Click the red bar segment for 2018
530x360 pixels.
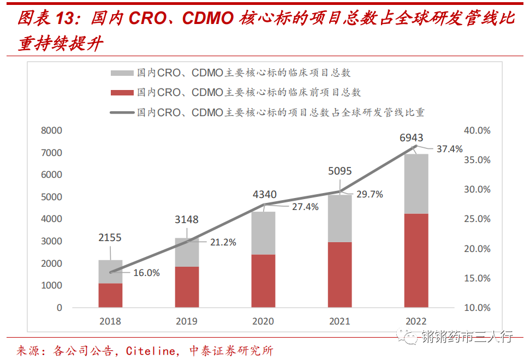pyautogui.click(x=110, y=295)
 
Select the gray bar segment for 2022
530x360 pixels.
pyautogui.click(x=416, y=184)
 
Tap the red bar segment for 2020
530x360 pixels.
pyautogui.click(x=264, y=280)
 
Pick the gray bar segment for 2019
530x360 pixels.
pyautogui.click(x=187, y=252)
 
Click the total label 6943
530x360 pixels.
pyautogui.click(x=410, y=138)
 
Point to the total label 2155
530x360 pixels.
pyautogui.click(x=110, y=237)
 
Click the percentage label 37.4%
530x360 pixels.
pyautogui.click(x=449, y=148)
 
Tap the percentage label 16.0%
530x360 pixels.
pyautogui.click(x=146, y=273)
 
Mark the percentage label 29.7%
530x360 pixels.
pyautogui.click(x=370, y=194)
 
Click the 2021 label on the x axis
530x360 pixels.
pyautogui.click(x=340, y=321)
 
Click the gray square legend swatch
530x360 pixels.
pyautogui.click(x=122, y=73)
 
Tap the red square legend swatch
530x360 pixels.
pyautogui.click(x=122, y=93)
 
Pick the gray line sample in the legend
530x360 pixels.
pyautogui.click(x=122, y=113)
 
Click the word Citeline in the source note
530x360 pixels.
pyautogui.click(x=149, y=351)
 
